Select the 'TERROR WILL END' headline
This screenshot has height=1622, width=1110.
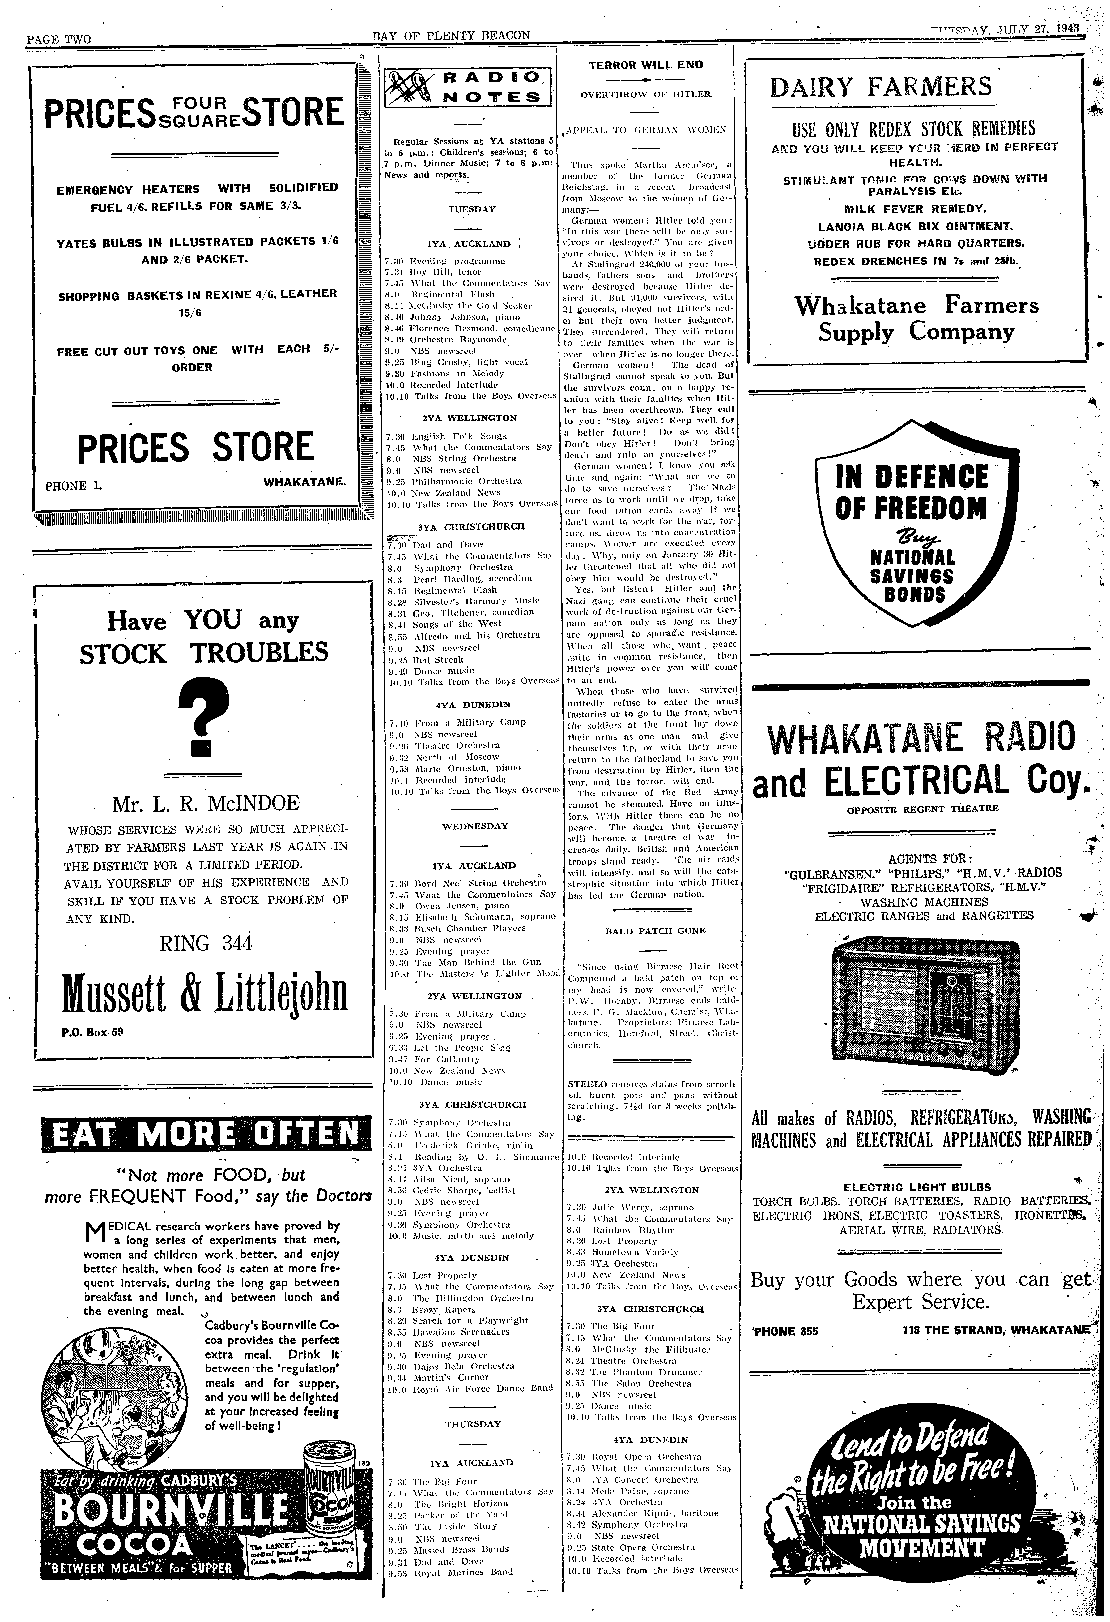point(645,65)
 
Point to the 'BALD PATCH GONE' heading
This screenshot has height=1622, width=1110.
point(645,930)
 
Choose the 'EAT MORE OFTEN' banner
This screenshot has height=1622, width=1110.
point(202,1133)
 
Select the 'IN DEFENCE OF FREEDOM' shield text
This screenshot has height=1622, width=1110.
point(911,492)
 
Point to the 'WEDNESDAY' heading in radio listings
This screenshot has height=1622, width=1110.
point(475,826)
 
